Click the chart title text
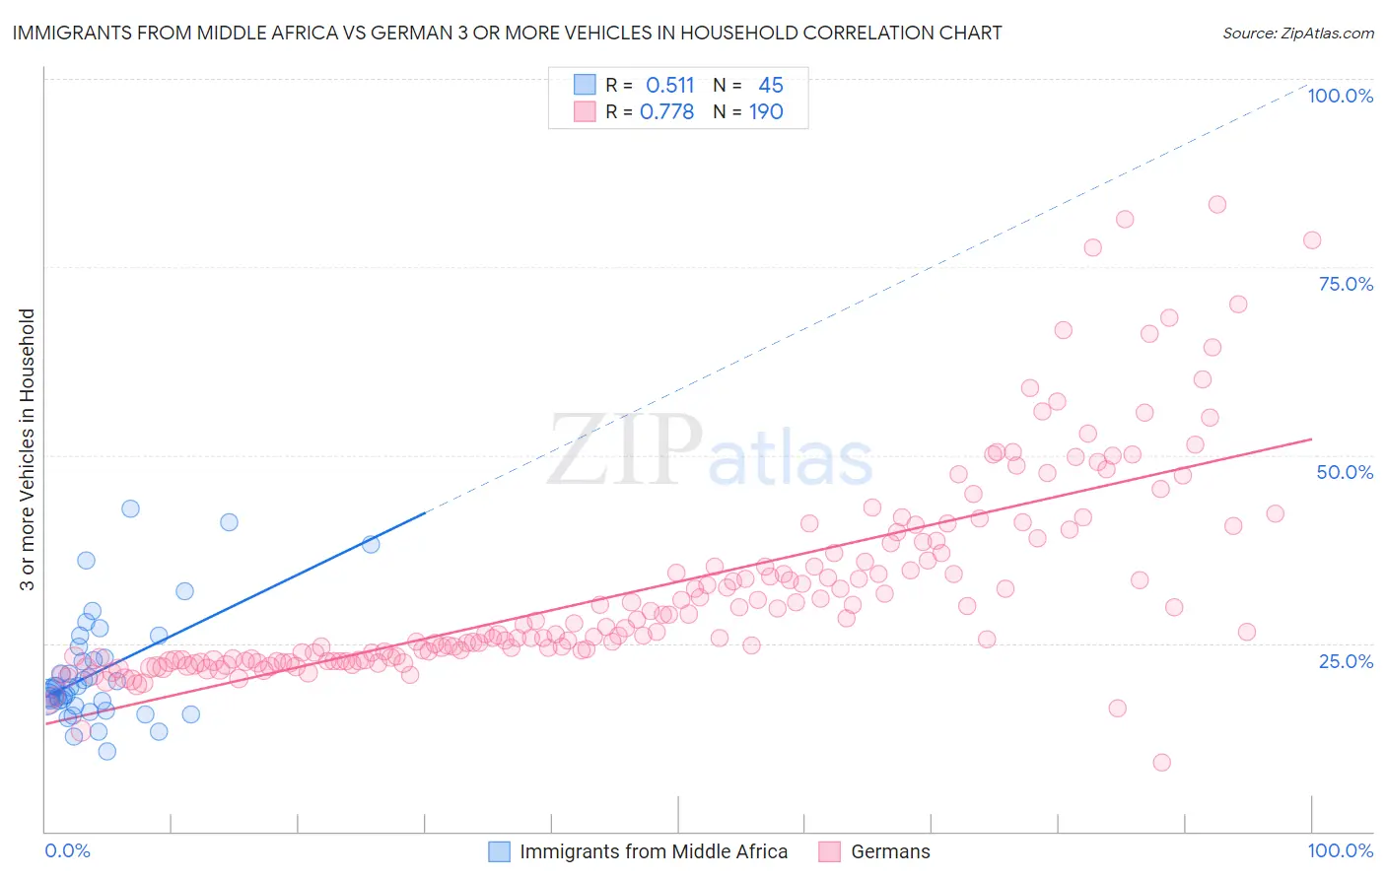[507, 33]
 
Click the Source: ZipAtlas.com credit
[1297, 33]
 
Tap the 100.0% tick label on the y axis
[1340, 96]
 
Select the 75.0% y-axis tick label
[1346, 284]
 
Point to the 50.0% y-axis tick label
[1345, 472]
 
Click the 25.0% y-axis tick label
[1346, 660]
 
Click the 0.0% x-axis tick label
[67, 850]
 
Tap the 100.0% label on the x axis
[1340, 850]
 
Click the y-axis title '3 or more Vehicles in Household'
[28, 449]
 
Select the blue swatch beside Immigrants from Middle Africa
[500, 851]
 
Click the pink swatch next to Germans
[830, 851]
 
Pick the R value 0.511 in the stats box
[669, 85]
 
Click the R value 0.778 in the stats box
[666, 111]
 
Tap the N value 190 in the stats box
[766, 111]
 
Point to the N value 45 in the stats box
[770, 85]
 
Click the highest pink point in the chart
[1217, 204]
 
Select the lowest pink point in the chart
[1161, 762]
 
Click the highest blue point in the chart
[130, 508]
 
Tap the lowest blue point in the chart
[107, 751]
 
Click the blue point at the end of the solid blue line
[371, 544]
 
